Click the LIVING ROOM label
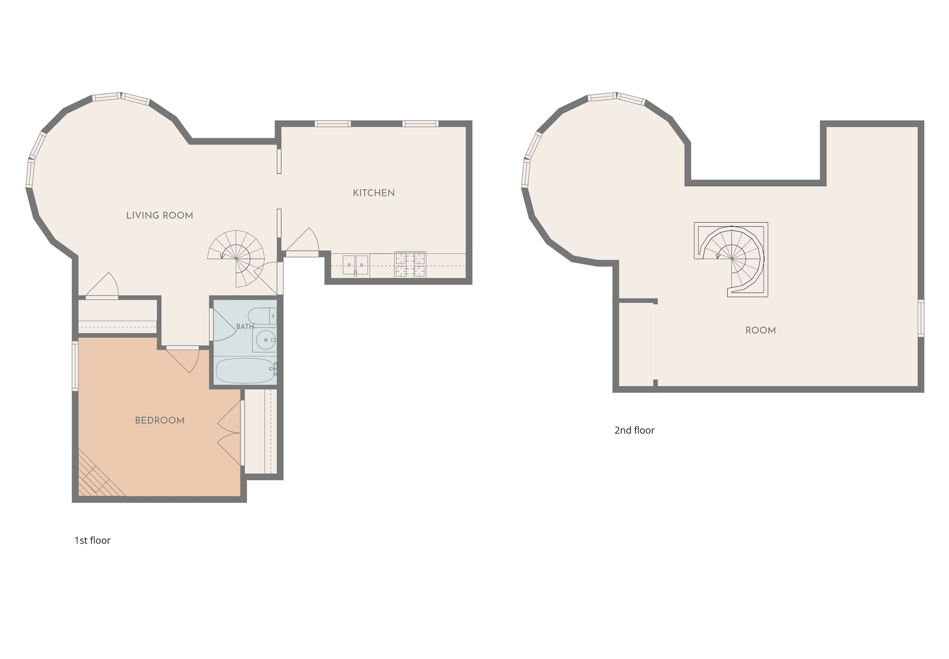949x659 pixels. point(160,215)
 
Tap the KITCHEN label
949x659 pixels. point(373,193)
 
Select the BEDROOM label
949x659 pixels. point(160,420)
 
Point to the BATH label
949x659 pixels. point(245,326)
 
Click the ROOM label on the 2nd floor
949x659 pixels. point(760,330)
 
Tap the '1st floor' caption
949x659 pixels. point(92,541)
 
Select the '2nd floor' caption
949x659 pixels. point(634,430)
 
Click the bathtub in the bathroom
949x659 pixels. point(245,370)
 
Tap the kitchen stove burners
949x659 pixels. point(410,264)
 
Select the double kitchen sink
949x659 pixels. point(355,265)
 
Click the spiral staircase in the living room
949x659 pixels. point(236,258)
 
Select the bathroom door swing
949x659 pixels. point(223,325)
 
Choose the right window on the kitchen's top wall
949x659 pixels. point(420,124)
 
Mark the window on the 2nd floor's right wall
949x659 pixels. point(920,319)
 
